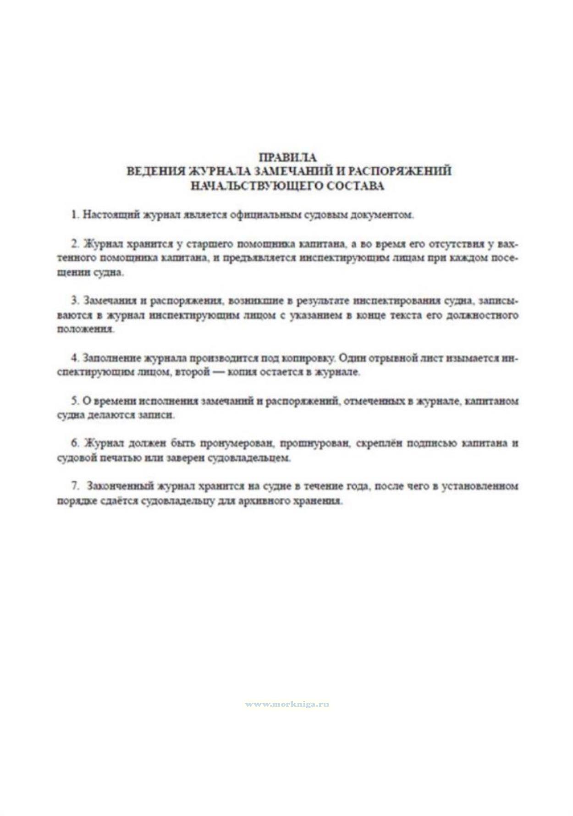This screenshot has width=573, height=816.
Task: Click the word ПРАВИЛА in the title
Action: pos(288,157)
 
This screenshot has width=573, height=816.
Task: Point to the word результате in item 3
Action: pos(323,301)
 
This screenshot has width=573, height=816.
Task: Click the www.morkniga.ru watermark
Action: pos(287,704)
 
